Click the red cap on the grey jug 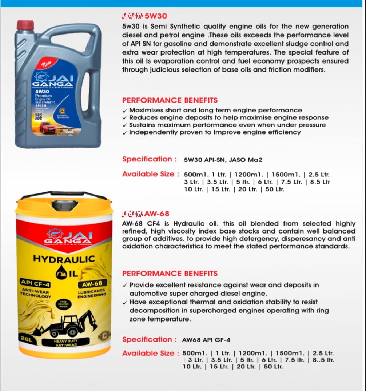tap(25, 25)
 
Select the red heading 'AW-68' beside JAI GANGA tap(157, 214)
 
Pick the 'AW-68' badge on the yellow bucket tap(92, 283)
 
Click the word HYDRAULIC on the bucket tap(64, 259)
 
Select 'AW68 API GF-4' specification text tap(206, 340)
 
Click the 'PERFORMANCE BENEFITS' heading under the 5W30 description tap(170, 100)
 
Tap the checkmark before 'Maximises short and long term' tap(125, 111)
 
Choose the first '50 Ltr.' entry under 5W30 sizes tap(275, 189)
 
